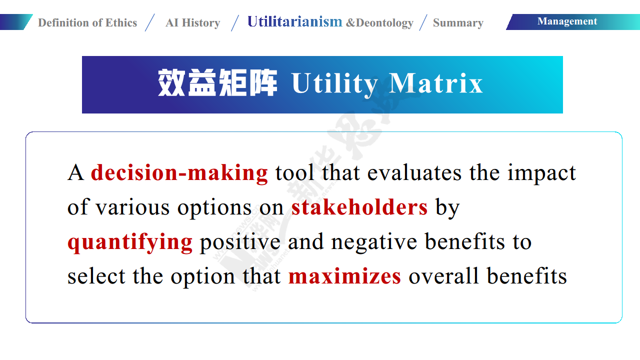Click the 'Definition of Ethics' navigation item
click(x=87, y=22)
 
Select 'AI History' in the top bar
click(x=193, y=22)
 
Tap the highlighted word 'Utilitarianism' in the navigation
click(x=294, y=21)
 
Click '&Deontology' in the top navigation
click(x=379, y=23)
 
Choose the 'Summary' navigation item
click(x=458, y=23)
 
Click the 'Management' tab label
click(x=567, y=21)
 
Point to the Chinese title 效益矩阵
click(x=217, y=83)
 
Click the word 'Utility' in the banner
click(x=334, y=84)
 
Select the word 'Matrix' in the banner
click(x=436, y=83)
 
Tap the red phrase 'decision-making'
click(x=179, y=173)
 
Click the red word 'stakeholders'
click(x=359, y=207)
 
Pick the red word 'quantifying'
click(x=130, y=242)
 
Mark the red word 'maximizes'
click(x=345, y=276)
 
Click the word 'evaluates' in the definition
click(x=414, y=173)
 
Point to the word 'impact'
click(x=541, y=173)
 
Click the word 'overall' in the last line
click(x=443, y=276)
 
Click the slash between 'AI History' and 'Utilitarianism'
click(x=235, y=22)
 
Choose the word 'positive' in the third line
click(x=240, y=242)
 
